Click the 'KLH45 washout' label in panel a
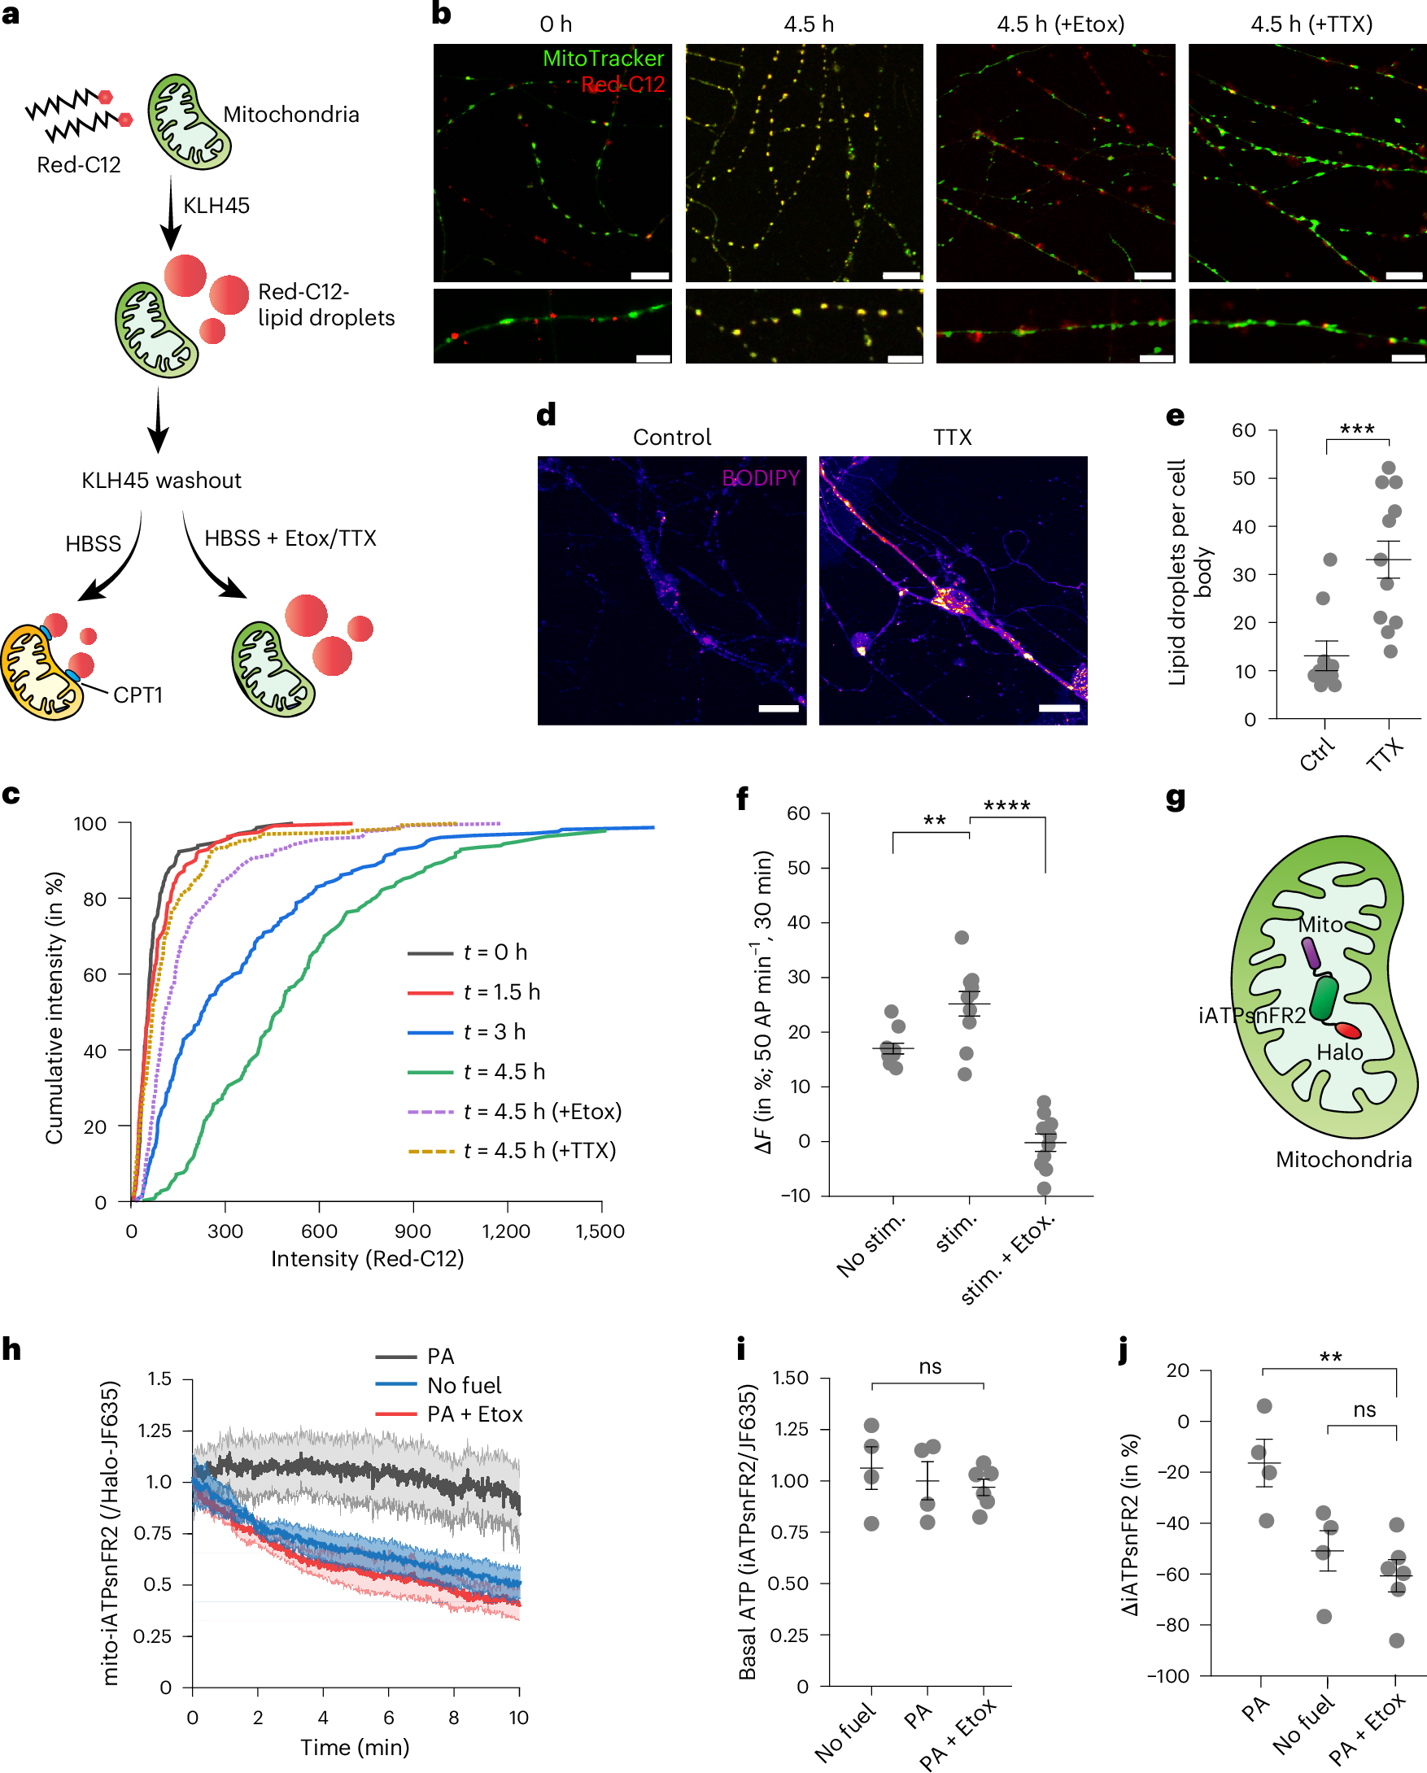pos(161,481)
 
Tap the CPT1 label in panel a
pos(138,695)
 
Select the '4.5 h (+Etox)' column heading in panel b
pos(1060,24)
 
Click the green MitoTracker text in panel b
pos(603,59)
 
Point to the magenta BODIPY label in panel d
pos(760,477)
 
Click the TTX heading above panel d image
pos(953,437)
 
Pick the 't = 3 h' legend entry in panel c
pos(494,1031)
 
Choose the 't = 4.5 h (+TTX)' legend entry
pos(539,1151)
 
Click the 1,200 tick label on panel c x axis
pos(506,1231)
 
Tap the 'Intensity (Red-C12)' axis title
pos(367,1258)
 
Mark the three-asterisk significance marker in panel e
pos(1356,429)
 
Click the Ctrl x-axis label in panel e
pos(1317,755)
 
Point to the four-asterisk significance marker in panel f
pos(1006,806)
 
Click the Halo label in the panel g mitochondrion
pos(1339,1052)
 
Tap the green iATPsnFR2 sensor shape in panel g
pos(1324,998)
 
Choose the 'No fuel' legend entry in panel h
pos(464,1385)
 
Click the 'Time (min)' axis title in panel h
pos(355,1747)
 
